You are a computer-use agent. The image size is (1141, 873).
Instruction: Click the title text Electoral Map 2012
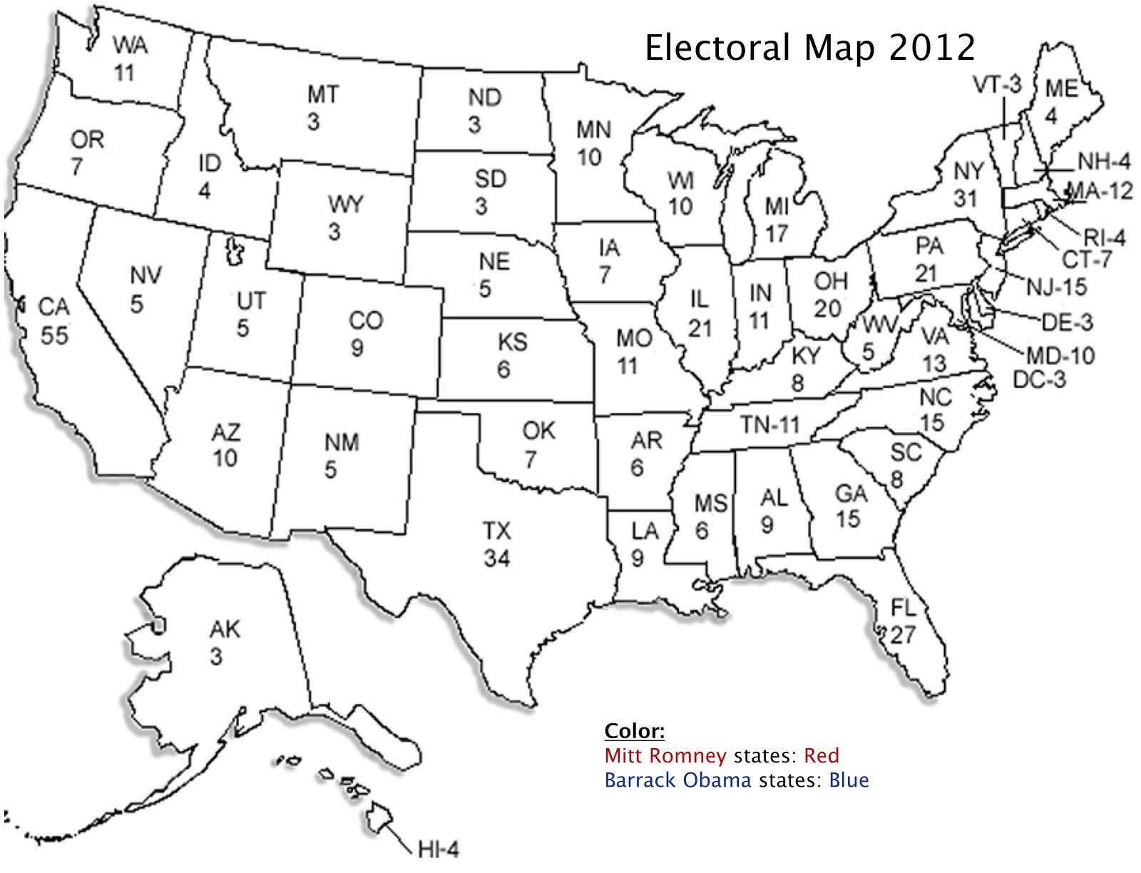point(809,48)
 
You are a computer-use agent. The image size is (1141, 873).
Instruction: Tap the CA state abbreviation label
point(53,307)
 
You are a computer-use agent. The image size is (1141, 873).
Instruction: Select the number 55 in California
point(53,335)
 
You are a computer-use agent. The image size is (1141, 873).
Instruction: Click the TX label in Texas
point(496,531)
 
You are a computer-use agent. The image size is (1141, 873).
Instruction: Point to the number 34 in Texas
point(496,558)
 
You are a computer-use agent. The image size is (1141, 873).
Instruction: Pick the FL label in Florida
point(903,608)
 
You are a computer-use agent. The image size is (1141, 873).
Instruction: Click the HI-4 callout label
point(438,849)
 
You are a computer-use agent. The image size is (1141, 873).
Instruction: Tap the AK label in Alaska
point(225,629)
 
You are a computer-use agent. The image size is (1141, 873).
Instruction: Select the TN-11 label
point(769,425)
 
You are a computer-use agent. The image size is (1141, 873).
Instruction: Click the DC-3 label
point(1039,379)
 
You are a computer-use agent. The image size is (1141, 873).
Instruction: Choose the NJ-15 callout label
point(1056,287)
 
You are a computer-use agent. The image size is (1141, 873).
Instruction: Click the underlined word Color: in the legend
point(634,731)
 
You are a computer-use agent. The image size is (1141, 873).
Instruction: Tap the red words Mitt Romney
point(665,755)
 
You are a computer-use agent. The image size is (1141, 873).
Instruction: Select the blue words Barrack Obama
point(677,780)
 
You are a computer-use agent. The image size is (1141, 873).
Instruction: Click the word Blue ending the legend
point(849,780)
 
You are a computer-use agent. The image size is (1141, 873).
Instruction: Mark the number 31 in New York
point(965,198)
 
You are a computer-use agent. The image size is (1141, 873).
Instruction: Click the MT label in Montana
point(322,94)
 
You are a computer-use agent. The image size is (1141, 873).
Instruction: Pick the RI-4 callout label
point(1104,237)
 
